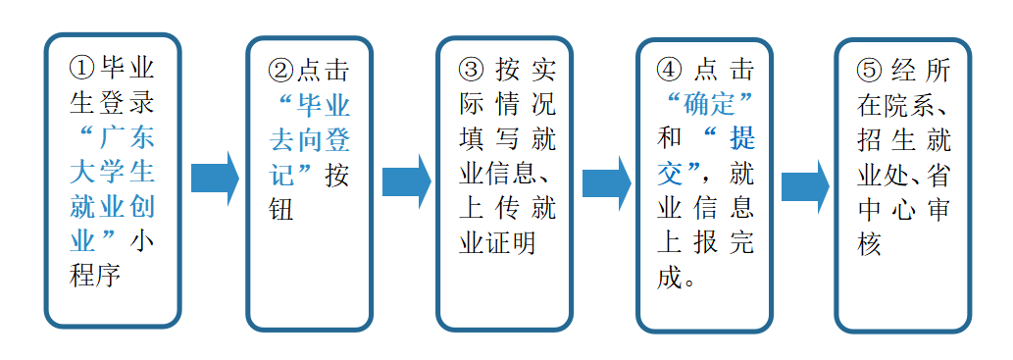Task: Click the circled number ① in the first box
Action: pos(82,68)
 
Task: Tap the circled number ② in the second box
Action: pos(281,71)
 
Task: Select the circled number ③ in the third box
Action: pos(471,70)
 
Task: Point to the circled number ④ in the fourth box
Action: pos(670,70)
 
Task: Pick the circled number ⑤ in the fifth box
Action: pos(870,70)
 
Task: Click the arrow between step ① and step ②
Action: pos(215,178)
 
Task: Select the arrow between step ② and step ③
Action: pos(406,181)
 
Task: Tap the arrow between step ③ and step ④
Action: pos(607,183)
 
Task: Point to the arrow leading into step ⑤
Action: pos(806,186)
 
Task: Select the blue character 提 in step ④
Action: pos(741,139)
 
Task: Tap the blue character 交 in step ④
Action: pos(670,174)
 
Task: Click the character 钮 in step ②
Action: pos(281,209)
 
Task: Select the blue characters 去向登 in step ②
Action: pos(310,140)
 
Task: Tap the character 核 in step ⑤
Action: pos(870,243)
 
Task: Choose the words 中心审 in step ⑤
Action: pos(904,209)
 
